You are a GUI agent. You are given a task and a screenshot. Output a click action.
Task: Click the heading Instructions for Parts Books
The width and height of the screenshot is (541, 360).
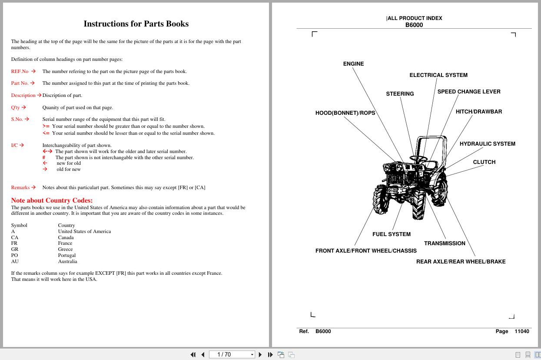136,24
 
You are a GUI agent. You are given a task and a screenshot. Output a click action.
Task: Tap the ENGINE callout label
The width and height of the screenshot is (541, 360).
353,64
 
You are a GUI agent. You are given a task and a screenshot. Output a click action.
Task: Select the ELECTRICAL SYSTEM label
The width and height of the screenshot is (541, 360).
438,75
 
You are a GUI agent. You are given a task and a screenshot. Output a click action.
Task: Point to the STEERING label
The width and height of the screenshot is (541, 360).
400,94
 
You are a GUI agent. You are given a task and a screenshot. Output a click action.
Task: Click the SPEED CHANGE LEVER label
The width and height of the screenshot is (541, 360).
469,92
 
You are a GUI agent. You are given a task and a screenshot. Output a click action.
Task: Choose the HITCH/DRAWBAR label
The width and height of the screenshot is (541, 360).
478,112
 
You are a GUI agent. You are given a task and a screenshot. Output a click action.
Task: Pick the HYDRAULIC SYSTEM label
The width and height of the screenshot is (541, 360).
487,144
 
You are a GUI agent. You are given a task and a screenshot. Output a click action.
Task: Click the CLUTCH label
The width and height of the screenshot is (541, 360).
484,162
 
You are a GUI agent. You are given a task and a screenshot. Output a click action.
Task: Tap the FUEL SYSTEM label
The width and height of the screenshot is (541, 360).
391,234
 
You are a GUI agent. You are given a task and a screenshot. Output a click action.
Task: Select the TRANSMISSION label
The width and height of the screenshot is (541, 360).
445,243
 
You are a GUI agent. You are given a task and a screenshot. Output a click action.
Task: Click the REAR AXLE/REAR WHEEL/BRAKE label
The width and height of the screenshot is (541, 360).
461,262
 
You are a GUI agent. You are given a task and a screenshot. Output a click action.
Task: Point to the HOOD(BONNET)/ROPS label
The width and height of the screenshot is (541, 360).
345,113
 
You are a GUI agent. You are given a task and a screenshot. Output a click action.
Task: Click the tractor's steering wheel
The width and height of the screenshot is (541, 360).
418,159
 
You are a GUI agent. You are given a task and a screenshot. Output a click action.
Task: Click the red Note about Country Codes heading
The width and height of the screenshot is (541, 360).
52,200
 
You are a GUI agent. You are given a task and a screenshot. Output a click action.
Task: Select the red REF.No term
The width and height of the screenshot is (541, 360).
20,71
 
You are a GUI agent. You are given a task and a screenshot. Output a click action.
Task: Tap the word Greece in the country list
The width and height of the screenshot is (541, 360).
65,250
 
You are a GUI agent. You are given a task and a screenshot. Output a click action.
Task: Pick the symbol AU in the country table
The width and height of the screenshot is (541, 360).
15,262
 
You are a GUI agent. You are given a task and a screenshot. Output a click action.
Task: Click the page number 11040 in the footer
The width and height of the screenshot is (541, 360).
521,331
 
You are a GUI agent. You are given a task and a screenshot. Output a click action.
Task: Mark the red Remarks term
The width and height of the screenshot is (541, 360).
20,188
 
